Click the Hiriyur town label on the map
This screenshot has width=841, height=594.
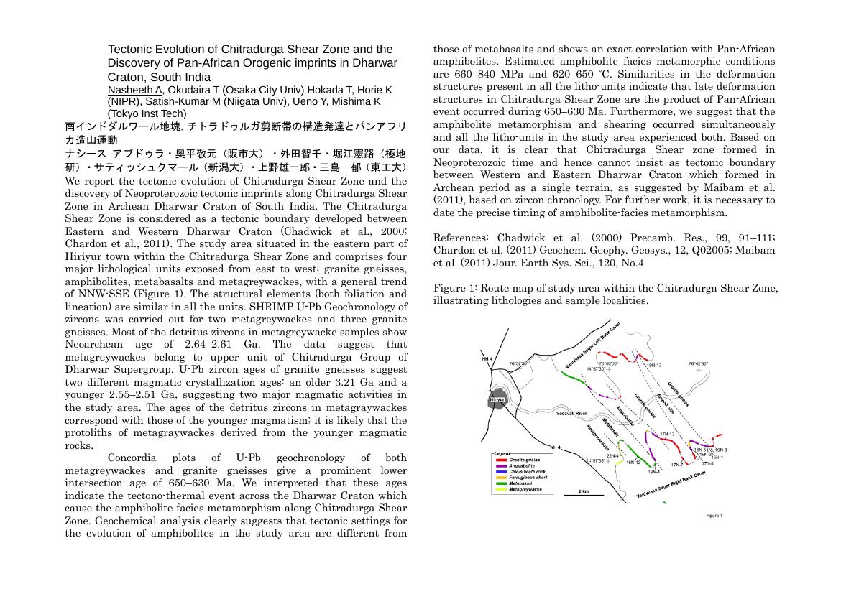tap(497, 400)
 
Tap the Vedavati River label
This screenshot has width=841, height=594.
tap(572, 414)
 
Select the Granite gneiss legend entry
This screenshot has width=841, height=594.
tap(525, 459)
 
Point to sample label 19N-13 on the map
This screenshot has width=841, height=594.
tap(654, 365)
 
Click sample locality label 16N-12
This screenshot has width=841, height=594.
tap(633, 463)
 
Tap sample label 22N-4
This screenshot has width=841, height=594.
tap(612, 455)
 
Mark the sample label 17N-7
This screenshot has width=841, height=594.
tap(676, 465)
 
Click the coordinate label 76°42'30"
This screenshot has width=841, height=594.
tap(698, 364)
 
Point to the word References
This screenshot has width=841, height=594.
tap(461, 238)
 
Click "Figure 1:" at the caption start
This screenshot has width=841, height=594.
tap(454, 288)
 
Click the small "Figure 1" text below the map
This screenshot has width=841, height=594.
tap(714, 516)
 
